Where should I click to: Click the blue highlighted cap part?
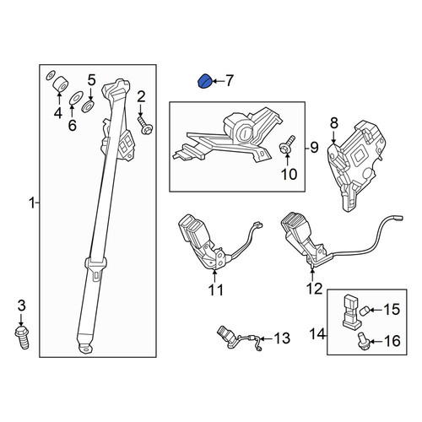click(204, 81)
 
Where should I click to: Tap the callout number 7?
click(230, 81)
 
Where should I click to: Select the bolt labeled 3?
click(22, 337)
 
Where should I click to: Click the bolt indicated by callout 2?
click(145, 126)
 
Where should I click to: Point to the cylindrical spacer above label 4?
click(61, 84)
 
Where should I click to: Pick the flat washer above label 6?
click(75, 98)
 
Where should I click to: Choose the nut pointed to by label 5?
click(88, 105)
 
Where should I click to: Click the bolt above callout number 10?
click(288, 144)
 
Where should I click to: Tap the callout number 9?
click(314, 148)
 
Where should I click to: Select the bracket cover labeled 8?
click(357, 165)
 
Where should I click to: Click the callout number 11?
click(215, 289)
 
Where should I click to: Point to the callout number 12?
click(314, 289)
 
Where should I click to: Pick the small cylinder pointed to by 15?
click(365, 311)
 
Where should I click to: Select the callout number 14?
click(317, 334)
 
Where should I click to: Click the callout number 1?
click(32, 203)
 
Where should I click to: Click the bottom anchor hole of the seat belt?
click(85, 349)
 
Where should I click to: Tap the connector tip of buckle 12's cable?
click(398, 218)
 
